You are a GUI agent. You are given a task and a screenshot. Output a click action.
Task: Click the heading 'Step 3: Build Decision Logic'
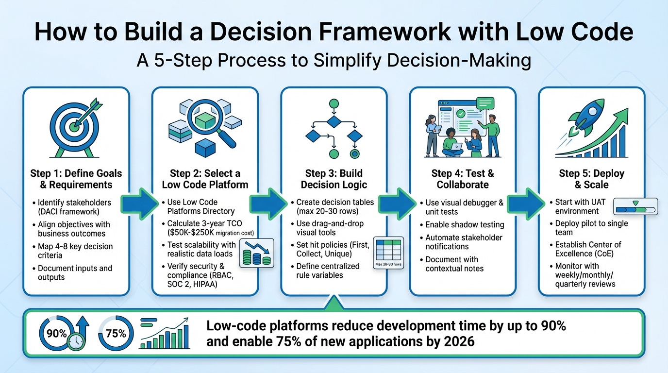[x=334, y=179]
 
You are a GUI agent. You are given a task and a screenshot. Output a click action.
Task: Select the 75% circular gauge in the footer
[x=115, y=334]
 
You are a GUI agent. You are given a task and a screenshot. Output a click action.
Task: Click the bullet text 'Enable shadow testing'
[x=464, y=225]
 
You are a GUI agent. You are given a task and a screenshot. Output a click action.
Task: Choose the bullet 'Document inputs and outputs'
[x=75, y=272]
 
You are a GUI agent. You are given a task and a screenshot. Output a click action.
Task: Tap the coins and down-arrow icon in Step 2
[x=257, y=253]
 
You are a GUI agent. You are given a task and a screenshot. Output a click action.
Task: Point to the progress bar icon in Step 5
[x=635, y=206]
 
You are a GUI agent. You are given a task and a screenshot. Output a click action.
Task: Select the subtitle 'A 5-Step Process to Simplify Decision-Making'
[x=334, y=61]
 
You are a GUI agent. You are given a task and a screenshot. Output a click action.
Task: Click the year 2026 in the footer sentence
[x=458, y=341]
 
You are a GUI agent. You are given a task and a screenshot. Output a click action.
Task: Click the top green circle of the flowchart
[x=334, y=103]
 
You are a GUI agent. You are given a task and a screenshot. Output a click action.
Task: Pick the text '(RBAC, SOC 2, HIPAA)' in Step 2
[x=199, y=280]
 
